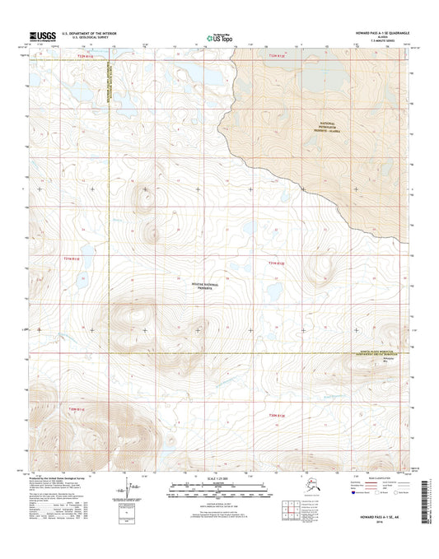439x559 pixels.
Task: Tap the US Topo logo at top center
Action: [218, 35]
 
